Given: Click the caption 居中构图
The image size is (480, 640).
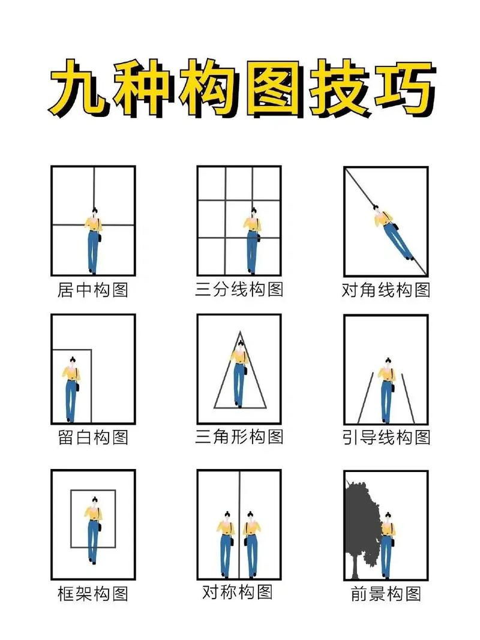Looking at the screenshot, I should [x=93, y=290].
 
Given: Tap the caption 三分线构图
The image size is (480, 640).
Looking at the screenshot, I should [x=239, y=290].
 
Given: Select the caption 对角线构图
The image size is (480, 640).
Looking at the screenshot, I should [x=386, y=290].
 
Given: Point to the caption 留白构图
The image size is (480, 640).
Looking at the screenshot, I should [x=93, y=437].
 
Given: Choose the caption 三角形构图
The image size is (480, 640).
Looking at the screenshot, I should [x=239, y=437].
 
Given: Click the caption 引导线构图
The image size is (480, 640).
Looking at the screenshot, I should [x=386, y=437].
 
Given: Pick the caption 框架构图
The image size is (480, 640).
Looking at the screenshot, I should [x=93, y=594].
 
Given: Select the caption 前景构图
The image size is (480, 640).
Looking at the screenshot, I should [x=386, y=594].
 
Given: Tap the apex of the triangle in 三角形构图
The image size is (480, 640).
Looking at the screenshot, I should [x=239, y=332].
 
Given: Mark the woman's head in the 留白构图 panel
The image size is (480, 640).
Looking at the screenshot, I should [x=72, y=361].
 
